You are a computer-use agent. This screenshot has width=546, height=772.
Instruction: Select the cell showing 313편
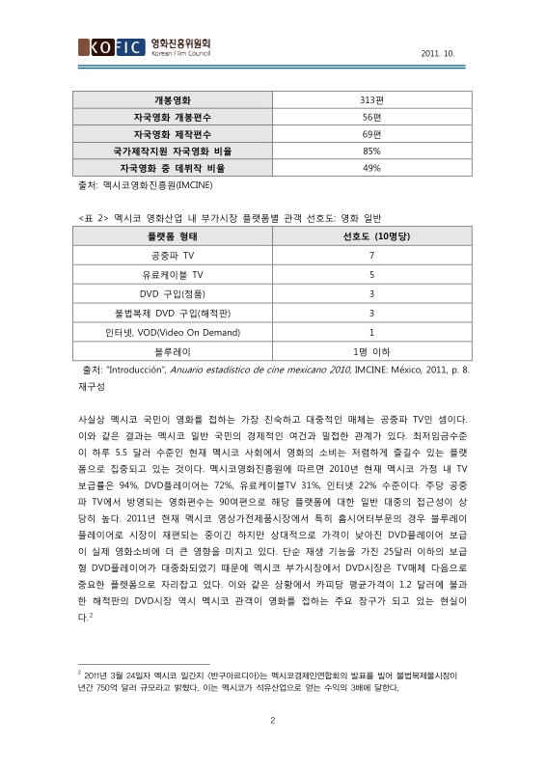click(x=371, y=99)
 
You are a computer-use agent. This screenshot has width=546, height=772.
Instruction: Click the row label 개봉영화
click(x=173, y=99)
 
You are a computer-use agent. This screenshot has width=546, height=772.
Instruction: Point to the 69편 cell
click(x=371, y=133)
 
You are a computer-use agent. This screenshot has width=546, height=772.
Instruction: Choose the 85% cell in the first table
click(x=371, y=151)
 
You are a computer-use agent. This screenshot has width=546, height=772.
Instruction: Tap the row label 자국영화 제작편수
click(x=173, y=133)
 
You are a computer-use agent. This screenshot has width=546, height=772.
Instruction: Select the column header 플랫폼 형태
click(x=173, y=236)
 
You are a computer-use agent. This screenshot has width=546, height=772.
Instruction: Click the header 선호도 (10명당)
click(x=371, y=236)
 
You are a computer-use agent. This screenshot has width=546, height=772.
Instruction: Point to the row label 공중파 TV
click(x=173, y=256)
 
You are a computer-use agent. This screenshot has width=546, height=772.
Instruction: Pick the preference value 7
click(x=371, y=256)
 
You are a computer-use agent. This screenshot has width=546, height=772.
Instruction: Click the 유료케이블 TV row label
click(x=173, y=275)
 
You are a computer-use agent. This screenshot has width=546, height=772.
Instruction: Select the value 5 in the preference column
click(x=371, y=275)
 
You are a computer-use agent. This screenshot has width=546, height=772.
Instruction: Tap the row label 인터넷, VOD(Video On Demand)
click(x=173, y=331)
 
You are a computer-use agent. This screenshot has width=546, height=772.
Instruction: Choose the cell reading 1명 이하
click(x=371, y=350)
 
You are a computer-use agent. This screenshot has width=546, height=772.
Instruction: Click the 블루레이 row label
click(x=173, y=350)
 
